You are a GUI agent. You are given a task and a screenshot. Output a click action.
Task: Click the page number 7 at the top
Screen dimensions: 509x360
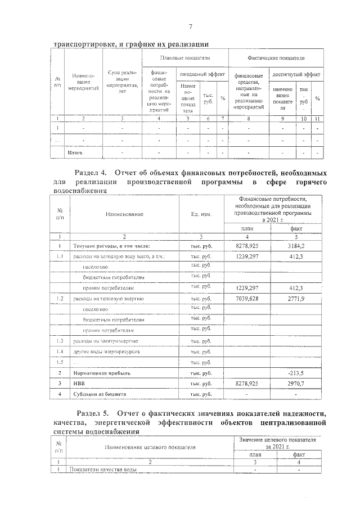(x=191, y=27)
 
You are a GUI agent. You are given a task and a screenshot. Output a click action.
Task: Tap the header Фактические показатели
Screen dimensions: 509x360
(x=276, y=58)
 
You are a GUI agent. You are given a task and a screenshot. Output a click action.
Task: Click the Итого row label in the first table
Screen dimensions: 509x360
(x=75, y=152)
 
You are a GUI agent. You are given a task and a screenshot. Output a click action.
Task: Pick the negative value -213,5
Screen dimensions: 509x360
(x=296, y=372)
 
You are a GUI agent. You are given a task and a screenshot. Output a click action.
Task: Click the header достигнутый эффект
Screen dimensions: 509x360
(x=296, y=74)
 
